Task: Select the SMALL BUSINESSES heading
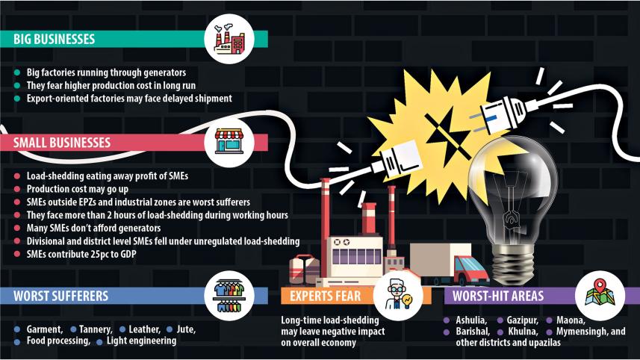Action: pos(61,142)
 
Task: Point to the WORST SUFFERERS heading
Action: pos(60,296)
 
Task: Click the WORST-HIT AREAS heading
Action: pos(499,296)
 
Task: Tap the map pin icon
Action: pos(600,293)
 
